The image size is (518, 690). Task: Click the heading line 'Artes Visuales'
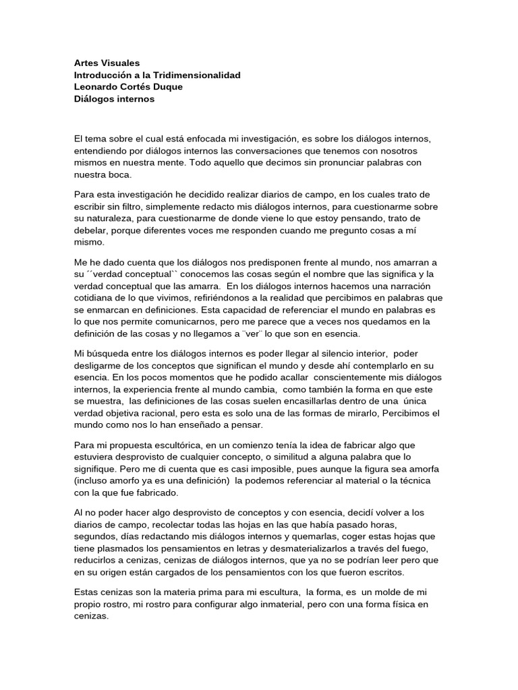pyautogui.click(x=107, y=63)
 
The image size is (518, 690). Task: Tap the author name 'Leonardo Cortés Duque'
pyautogui.click(x=128, y=87)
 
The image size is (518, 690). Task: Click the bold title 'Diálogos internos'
pyautogui.click(x=114, y=99)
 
